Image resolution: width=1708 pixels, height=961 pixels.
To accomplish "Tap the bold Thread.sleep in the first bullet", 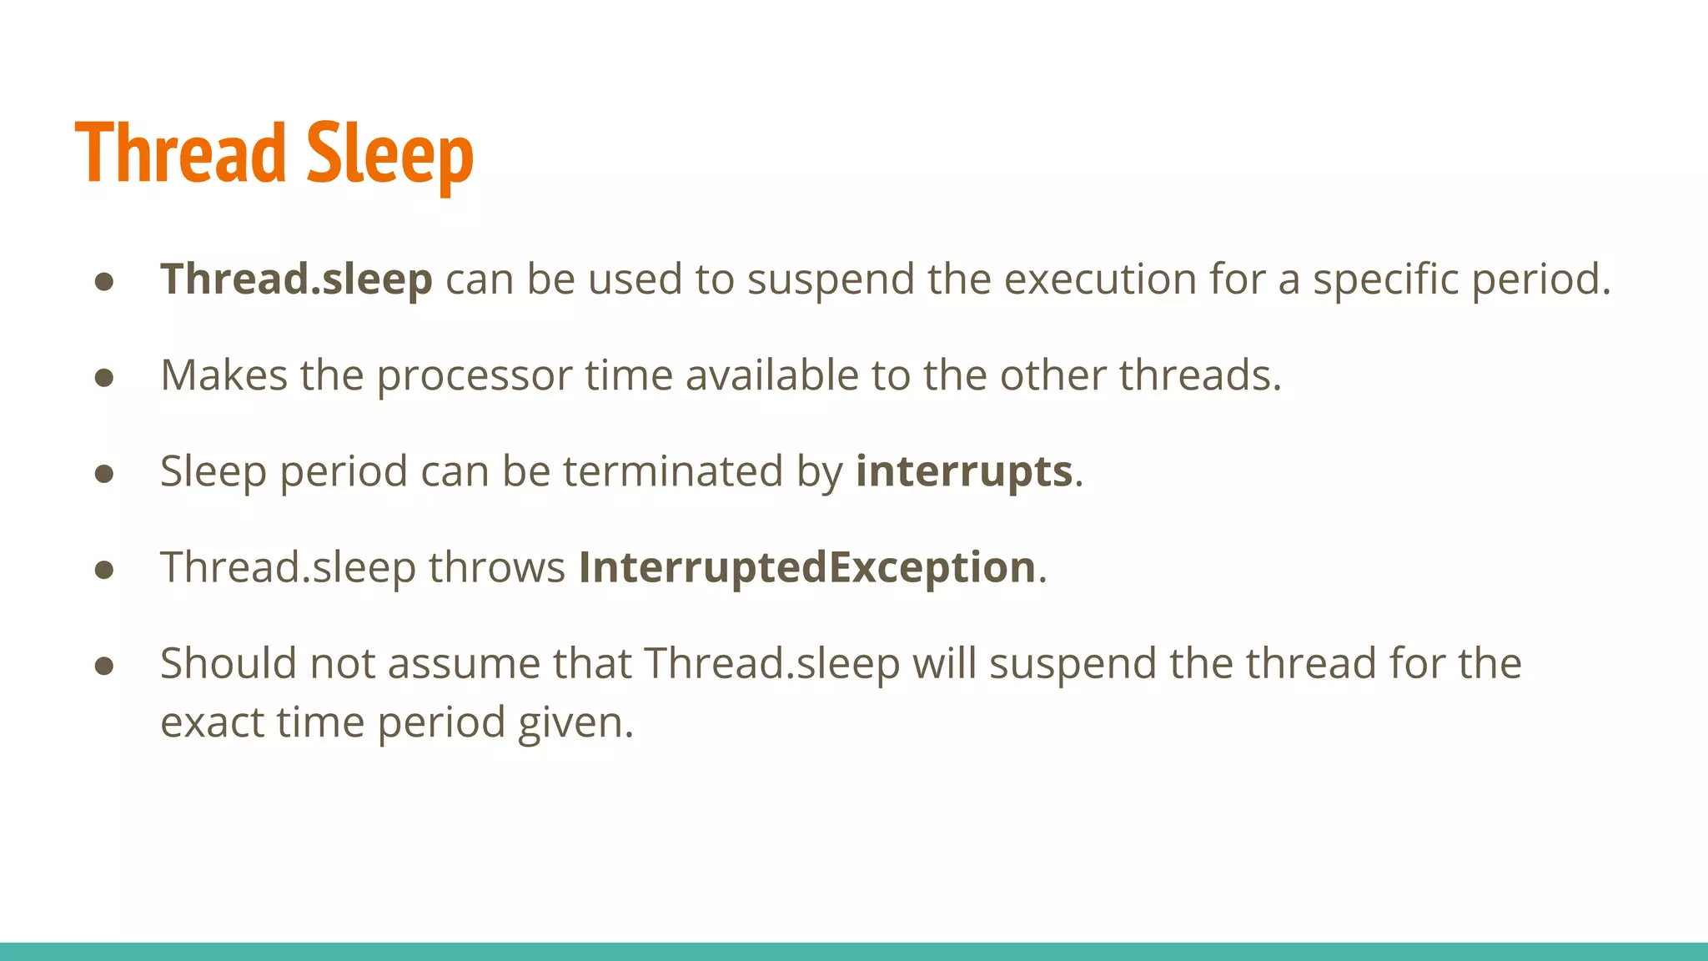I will (x=296, y=279).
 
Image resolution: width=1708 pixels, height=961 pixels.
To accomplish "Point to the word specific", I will (x=1385, y=280).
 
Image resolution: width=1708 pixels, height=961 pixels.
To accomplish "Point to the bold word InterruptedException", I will (x=807, y=568).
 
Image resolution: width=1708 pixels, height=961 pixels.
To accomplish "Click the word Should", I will (x=228, y=664).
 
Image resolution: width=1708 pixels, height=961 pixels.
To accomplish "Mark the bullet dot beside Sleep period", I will (x=104, y=474).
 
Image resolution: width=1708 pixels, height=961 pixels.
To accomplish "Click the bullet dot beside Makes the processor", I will (x=104, y=378).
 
